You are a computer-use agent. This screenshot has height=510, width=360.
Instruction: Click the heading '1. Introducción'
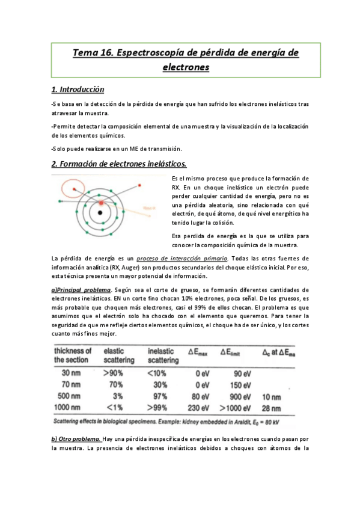tap(78, 90)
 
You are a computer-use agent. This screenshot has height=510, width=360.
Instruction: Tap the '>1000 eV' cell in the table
tap(243, 408)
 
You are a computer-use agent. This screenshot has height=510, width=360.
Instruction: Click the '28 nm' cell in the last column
tap(272, 408)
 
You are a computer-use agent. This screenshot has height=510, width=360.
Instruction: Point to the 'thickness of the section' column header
tap(73, 355)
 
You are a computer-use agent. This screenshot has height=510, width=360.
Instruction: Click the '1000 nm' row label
tap(69, 408)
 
